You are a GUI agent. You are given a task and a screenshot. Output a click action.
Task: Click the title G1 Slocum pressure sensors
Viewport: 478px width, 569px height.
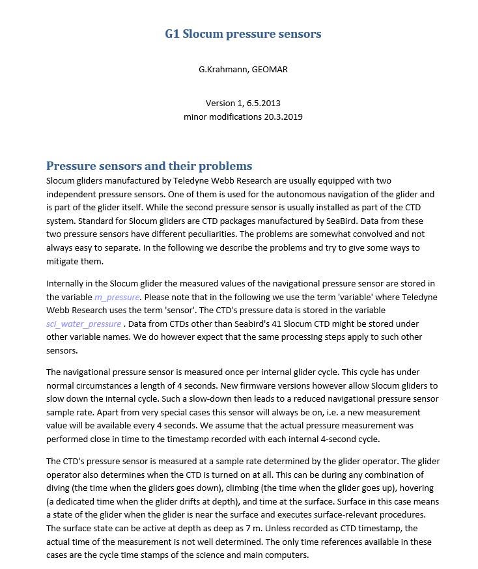click(243, 34)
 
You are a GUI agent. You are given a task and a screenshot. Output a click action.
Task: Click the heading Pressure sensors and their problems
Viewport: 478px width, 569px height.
click(149, 165)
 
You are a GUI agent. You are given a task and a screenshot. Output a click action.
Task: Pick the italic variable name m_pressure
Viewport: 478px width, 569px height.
click(117, 297)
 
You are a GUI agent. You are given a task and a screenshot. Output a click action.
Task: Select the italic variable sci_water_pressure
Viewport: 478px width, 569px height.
click(83, 324)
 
